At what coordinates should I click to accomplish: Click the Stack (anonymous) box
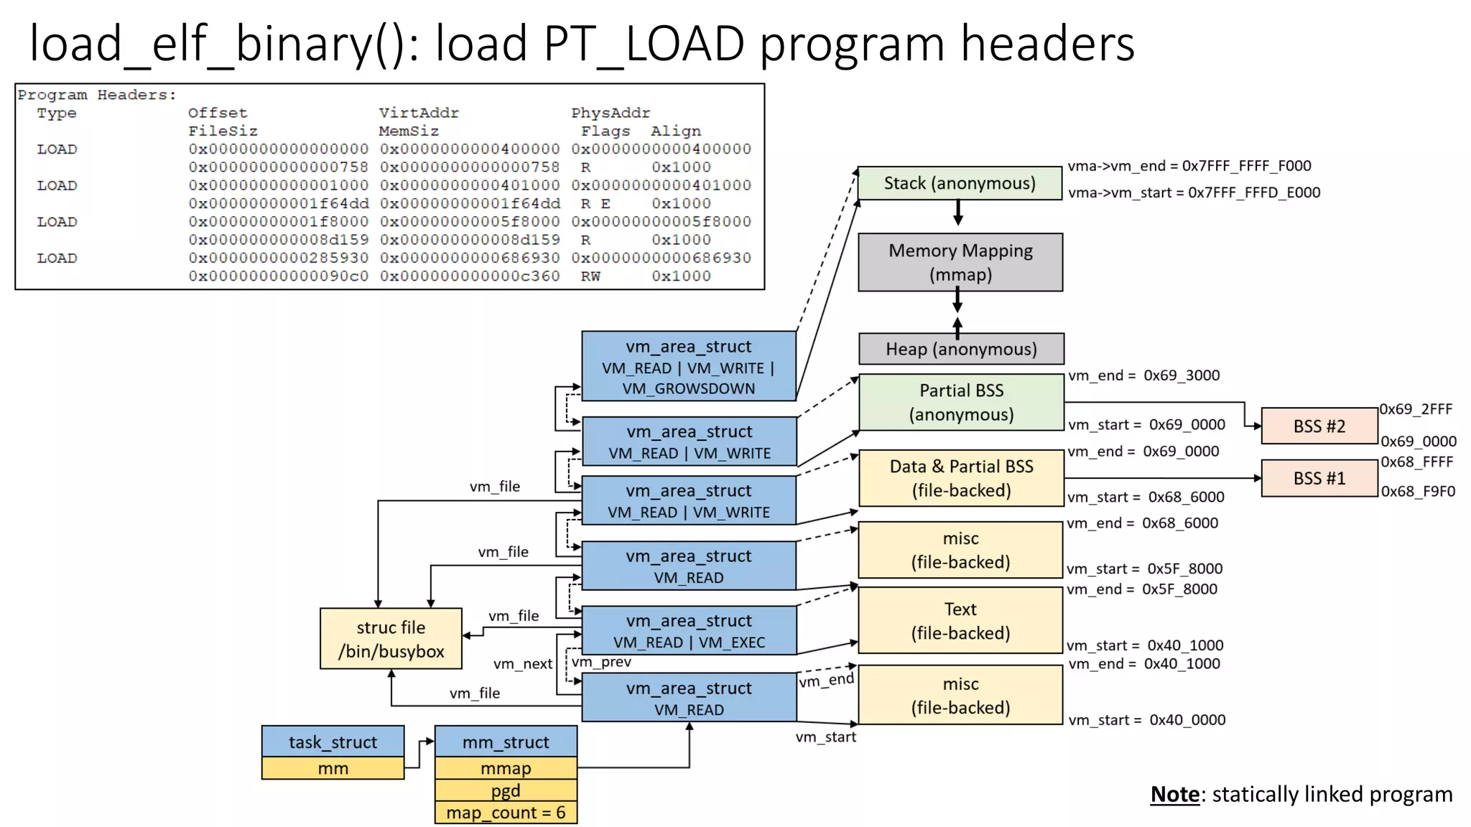960,183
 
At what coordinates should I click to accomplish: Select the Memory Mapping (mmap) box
960,262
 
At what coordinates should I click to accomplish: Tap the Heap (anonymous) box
961,349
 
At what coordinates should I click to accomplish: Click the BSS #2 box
1319,426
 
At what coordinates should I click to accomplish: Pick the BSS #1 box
1319,479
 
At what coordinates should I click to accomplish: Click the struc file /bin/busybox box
391,639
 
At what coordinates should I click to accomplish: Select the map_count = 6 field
506,813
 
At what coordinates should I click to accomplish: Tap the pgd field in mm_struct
506,790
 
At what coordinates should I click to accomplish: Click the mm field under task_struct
333,768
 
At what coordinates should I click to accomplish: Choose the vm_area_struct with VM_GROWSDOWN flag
688,367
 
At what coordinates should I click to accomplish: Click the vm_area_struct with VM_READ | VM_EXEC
688,631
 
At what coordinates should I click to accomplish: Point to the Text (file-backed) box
960,621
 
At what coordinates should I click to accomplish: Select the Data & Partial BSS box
961,478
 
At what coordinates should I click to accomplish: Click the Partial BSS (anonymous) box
961,402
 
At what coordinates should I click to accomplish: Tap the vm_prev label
601,662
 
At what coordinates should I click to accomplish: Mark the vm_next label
523,664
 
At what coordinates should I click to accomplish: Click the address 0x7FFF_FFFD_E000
1253,192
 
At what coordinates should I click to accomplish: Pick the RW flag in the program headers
590,276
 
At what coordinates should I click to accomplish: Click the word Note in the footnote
1174,794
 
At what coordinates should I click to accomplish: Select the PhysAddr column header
611,113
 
